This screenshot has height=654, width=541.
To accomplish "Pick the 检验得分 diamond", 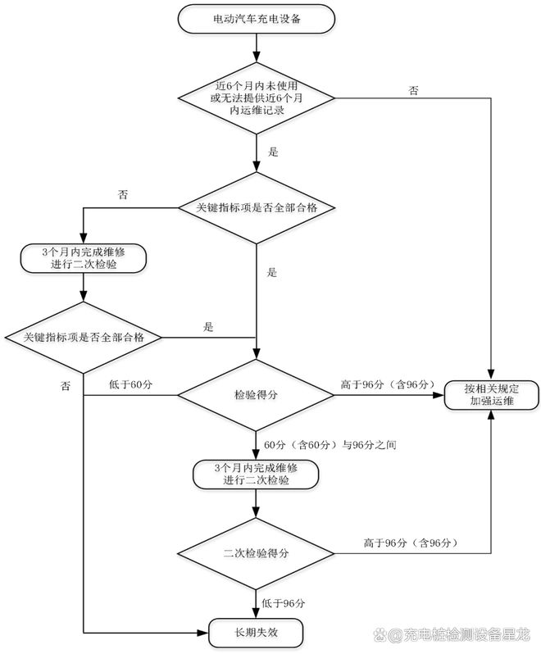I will pos(256,395).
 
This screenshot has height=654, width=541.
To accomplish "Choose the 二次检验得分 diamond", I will pos(256,553).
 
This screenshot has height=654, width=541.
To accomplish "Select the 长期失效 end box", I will pos(256,633).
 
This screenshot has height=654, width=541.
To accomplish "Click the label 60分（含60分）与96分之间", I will pos(335,444).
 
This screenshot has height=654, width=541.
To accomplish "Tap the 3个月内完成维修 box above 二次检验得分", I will pos(256,475).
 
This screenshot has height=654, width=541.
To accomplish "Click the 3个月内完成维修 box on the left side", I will pos(83,259).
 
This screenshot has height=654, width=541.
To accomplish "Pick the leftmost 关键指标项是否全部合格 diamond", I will pos(83,337).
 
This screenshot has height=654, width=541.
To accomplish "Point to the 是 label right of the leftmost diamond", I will pos(208,327).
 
